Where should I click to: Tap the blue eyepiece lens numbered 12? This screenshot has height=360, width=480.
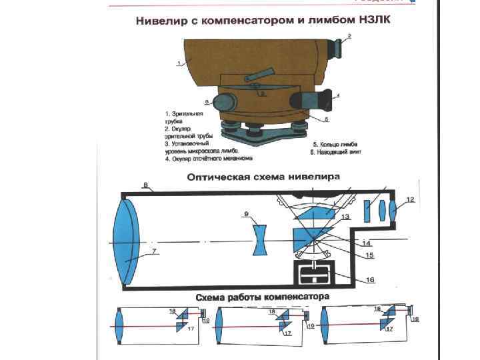393,210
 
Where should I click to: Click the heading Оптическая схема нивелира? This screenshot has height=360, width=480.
263,177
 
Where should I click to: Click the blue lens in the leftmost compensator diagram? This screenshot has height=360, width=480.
119,326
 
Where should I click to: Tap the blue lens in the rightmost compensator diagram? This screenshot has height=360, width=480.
327,327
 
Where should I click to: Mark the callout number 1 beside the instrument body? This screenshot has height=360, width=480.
179,63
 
